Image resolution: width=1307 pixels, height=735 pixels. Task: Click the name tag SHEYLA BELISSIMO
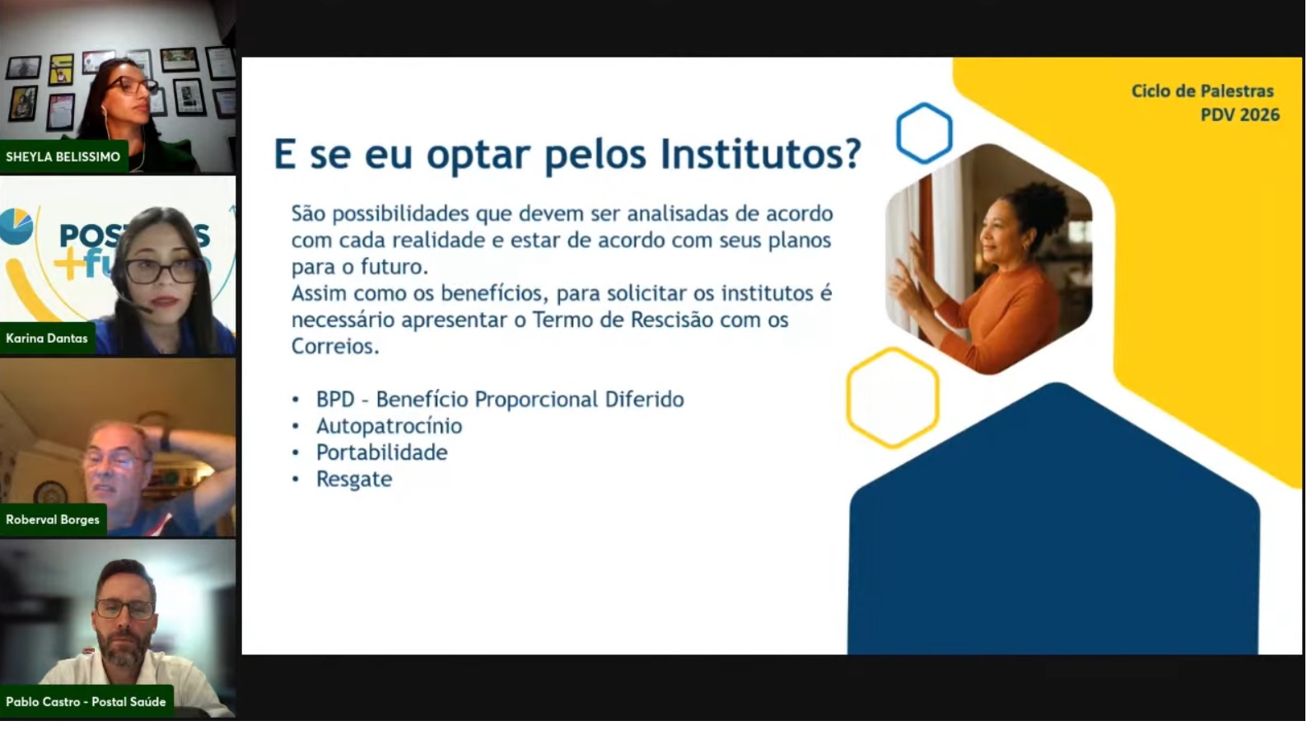coord(63,157)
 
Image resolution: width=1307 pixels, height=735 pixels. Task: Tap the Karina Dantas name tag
coord(47,338)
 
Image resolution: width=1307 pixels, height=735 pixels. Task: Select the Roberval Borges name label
coord(53,520)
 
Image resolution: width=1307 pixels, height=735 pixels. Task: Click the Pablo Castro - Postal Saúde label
coord(86,702)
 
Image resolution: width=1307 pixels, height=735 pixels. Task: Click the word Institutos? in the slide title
coord(761,154)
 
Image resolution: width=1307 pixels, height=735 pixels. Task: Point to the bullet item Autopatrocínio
coord(390,426)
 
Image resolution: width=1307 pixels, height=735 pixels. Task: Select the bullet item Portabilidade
coord(381,452)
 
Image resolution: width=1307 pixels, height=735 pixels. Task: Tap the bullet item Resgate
coord(354,480)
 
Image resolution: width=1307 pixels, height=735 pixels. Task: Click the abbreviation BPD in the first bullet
coord(335,400)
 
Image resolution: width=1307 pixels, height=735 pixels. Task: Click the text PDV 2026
coord(1240,115)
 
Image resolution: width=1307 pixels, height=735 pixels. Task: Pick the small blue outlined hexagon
coord(924,105)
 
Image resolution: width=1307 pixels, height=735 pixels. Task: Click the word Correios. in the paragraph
coord(335,346)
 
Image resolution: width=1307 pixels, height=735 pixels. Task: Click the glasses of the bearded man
coord(125,608)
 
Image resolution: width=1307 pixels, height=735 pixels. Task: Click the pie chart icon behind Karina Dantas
coord(16,227)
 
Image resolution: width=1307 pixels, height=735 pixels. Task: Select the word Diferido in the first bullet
coord(644,400)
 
